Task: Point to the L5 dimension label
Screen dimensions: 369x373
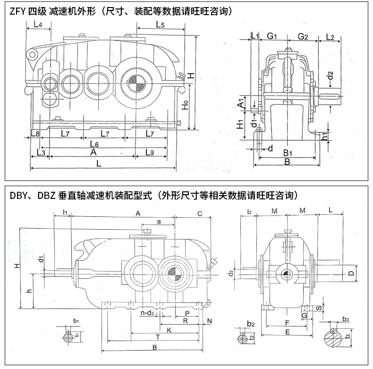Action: tap(159, 25)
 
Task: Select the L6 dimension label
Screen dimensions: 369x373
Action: tap(93, 143)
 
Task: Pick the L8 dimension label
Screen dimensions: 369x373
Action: tap(34, 134)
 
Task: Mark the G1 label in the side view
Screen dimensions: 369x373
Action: tap(271, 36)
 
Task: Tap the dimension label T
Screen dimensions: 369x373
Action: tap(158, 337)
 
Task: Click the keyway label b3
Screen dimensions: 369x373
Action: tap(346, 319)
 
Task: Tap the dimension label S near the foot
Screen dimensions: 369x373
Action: tap(319, 308)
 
